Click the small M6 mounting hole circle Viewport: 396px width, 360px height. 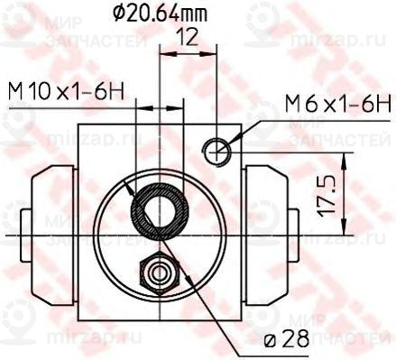coord(216,152)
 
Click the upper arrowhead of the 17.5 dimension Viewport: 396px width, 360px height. coord(344,159)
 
